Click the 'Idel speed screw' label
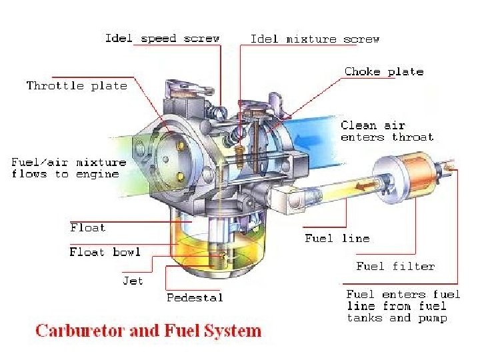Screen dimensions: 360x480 [x=162, y=39]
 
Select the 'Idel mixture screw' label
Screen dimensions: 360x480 [x=315, y=39]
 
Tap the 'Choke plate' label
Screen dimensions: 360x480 [x=384, y=72]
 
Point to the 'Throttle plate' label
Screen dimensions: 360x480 [x=77, y=86]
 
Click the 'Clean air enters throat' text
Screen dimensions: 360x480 [x=387, y=131]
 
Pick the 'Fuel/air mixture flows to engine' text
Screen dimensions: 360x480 [x=69, y=168]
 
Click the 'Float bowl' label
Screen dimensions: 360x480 [x=105, y=252]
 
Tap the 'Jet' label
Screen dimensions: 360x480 [x=133, y=281]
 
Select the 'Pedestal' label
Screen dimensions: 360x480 [x=195, y=297]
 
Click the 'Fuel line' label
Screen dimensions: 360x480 [x=337, y=238]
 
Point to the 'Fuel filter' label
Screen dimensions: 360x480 [x=395, y=266]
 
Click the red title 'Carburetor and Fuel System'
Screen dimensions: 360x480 [x=148, y=331]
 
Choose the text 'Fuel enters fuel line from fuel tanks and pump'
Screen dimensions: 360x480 [x=403, y=306]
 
